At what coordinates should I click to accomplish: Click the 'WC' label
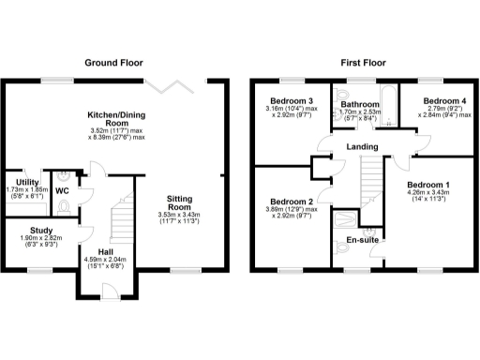click(62, 190)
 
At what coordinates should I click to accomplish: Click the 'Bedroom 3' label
click(292, 100)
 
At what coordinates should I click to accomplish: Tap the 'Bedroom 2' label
click(290, 201)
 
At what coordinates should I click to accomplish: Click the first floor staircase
click(374, 179)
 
